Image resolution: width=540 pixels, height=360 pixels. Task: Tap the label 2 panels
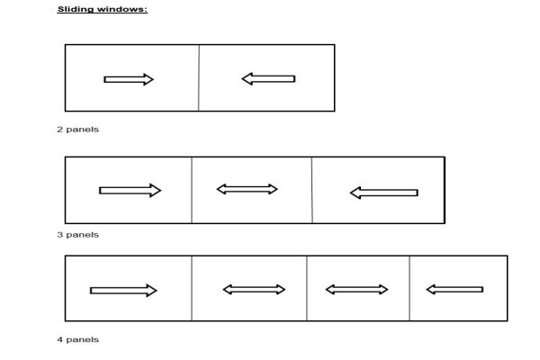(x=77, y=130)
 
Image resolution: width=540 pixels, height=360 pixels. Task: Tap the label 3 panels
(x=77, y=235)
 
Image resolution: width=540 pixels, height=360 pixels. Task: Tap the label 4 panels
(x=77, y=339)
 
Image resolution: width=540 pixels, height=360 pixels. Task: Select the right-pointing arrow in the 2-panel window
(x=129, y=79)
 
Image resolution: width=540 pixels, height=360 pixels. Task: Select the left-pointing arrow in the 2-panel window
(x=268, y=79)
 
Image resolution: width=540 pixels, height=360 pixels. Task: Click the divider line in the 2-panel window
(x=199, y=78)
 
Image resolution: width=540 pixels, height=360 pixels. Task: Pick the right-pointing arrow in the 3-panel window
(x=130, y=191)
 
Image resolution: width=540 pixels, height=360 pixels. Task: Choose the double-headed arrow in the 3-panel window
(x=247, y=189)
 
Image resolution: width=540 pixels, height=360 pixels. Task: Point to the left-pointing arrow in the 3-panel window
(x=384, y=193)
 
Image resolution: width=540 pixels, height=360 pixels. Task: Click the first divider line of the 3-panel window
(x=192, y=190)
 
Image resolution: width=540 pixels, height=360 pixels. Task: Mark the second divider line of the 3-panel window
(x=312, y=190)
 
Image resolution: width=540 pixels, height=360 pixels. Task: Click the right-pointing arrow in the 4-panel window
(x=123, y=291)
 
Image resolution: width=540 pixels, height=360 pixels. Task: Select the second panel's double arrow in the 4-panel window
(x=254, y=290)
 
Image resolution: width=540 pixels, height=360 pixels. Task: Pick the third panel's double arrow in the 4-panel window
(x=356, y=290)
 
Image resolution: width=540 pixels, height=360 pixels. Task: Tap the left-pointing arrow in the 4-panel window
(x=454, y=290)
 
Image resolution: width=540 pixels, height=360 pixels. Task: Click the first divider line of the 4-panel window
(x=192, y=288)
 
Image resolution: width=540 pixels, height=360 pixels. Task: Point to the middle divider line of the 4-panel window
(x=307, y=288)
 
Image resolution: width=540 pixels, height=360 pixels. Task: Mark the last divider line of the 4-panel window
(x=409, y=288)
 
